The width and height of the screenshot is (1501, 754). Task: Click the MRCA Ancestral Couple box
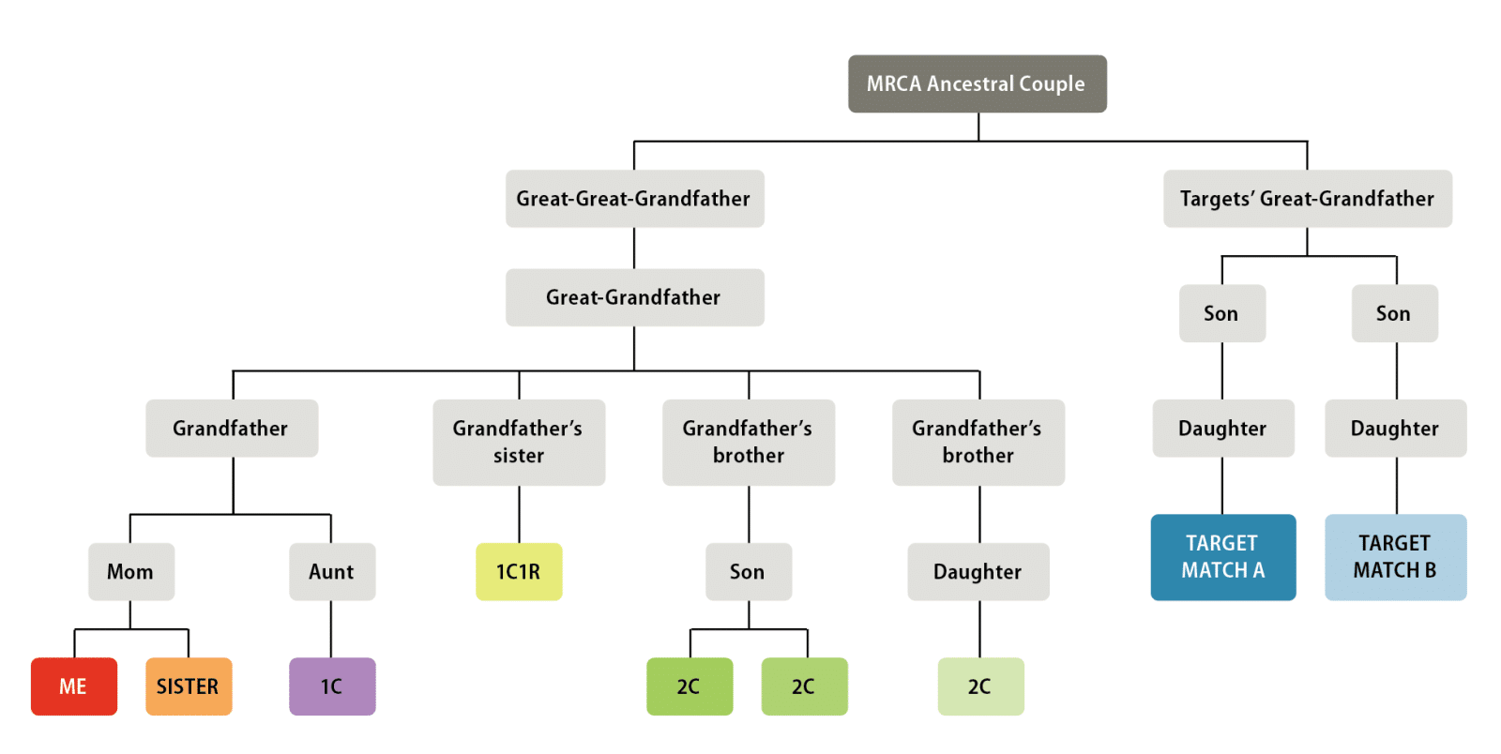[977, 83]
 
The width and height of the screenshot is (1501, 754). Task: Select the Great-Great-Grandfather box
[634, 198]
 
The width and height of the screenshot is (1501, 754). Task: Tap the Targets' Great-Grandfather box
[1307, 198]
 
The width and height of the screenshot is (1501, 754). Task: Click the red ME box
[73, 686]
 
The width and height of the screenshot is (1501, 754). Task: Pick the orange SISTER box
[189, 686]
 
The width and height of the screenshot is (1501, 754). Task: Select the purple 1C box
[332, 686]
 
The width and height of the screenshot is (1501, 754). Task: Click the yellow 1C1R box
[519, 571]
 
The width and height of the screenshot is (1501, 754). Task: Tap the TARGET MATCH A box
[1222, 557]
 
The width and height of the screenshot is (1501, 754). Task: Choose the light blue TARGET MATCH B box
[1395, 557]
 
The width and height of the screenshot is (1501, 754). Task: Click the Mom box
[130, 571]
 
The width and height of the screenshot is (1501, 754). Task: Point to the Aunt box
[332, 571]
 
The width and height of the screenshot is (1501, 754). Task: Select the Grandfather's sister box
[519, 442]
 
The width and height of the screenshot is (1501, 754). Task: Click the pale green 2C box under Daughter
[980, 686]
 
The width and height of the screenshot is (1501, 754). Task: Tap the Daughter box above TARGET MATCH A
[1222, 428]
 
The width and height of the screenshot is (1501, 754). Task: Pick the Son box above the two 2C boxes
[748, 571]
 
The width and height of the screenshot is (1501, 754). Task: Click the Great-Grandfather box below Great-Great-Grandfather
[634, 297]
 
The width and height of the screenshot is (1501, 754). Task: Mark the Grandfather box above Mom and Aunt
[232, 428]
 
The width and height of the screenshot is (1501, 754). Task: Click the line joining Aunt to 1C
[331, 629]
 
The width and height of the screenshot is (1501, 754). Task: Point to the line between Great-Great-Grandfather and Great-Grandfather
[634, 249]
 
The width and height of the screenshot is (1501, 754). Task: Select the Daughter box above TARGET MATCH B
[1395, 428]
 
